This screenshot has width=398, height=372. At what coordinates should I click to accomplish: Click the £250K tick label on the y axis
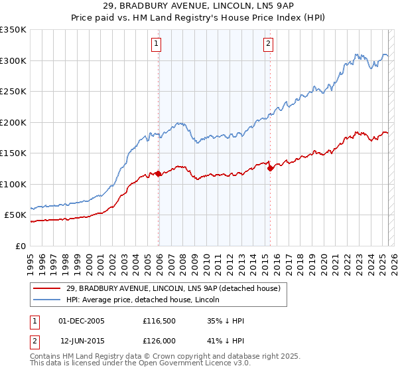(13, 92)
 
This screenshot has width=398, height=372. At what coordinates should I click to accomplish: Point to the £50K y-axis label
(15, 215)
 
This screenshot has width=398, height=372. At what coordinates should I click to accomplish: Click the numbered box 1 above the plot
(157, 45)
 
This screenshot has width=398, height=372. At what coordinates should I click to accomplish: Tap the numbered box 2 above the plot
(268, 45)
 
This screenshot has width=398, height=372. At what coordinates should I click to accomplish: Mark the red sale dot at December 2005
(159, 174)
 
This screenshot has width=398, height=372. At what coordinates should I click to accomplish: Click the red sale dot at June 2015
(270, 168)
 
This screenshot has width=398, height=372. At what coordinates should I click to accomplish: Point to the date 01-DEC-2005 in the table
(82, 321)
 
